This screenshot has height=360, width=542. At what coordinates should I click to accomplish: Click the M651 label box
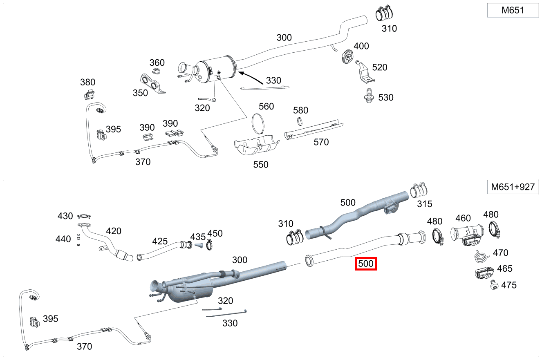pyautogui.click(x=513, y=11)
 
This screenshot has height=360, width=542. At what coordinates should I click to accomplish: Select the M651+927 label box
pyautogui.click(x=513, y=187)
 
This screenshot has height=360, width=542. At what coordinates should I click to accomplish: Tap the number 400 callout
pyautogui.click(x=361, y=46)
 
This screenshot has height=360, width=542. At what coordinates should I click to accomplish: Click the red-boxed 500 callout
pyautogui.click(x=365, y=264)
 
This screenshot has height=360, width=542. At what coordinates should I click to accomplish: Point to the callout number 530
pyautogui.click(x=385, y=97)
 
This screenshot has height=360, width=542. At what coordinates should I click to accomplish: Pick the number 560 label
pyautogui.click(x=266, y=107)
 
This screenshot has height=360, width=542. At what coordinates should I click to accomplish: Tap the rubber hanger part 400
pyautogui.click(x=347, y=56)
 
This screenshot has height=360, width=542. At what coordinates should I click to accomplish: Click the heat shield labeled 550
pyautogui.click(x=256, y=145)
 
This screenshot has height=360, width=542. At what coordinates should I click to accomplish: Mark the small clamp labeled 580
pyautogui.click(x=300, y=121)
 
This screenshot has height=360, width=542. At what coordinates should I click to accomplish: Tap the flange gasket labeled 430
pyautogui.click(x=84, y=216)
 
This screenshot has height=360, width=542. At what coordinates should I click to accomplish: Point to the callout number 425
pyautogui.click(x=160, y=241)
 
